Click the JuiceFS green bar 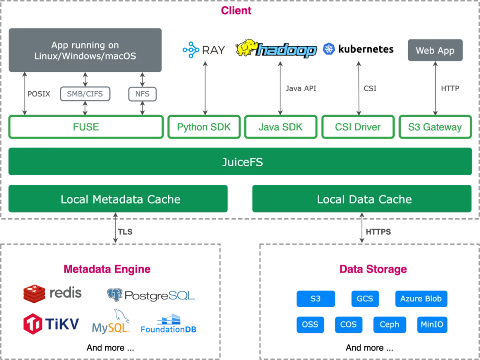pyautogui.click(x=240, y=162)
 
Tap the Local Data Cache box pyautogui.click(x=362, y=199)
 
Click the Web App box pyautogui.click(x=435, y=51)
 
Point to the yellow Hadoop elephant pyautogui.click(x=247, y=48)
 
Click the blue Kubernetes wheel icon pyautogui.click(x=329, y=49)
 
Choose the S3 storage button pyautogui.click(x=316, y=299)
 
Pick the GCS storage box pyautogui.click(x=365, y=299)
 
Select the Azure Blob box pyautogui.click(x=421, y=299)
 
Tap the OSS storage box pyautogui.click(x=310, y=324)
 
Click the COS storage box pyautogui.click(x=348, y=324)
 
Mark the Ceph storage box pyautogui.click(x=390, y=324)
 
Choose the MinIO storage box pyautogui.click(x=432, y=324)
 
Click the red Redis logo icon pyautogui.click(x=34, y=294)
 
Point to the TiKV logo pyautogui.click(x=51, y=324)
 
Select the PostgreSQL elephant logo pyautogui.click(x=114, y=294)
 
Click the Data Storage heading pyautogui.click(x=373, y=269)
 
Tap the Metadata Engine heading pyautogui.click(x=107, y=269)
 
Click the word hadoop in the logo pyautogui.click(x=287, y=50)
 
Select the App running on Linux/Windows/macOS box pyautogui.click(x=85, y=50)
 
